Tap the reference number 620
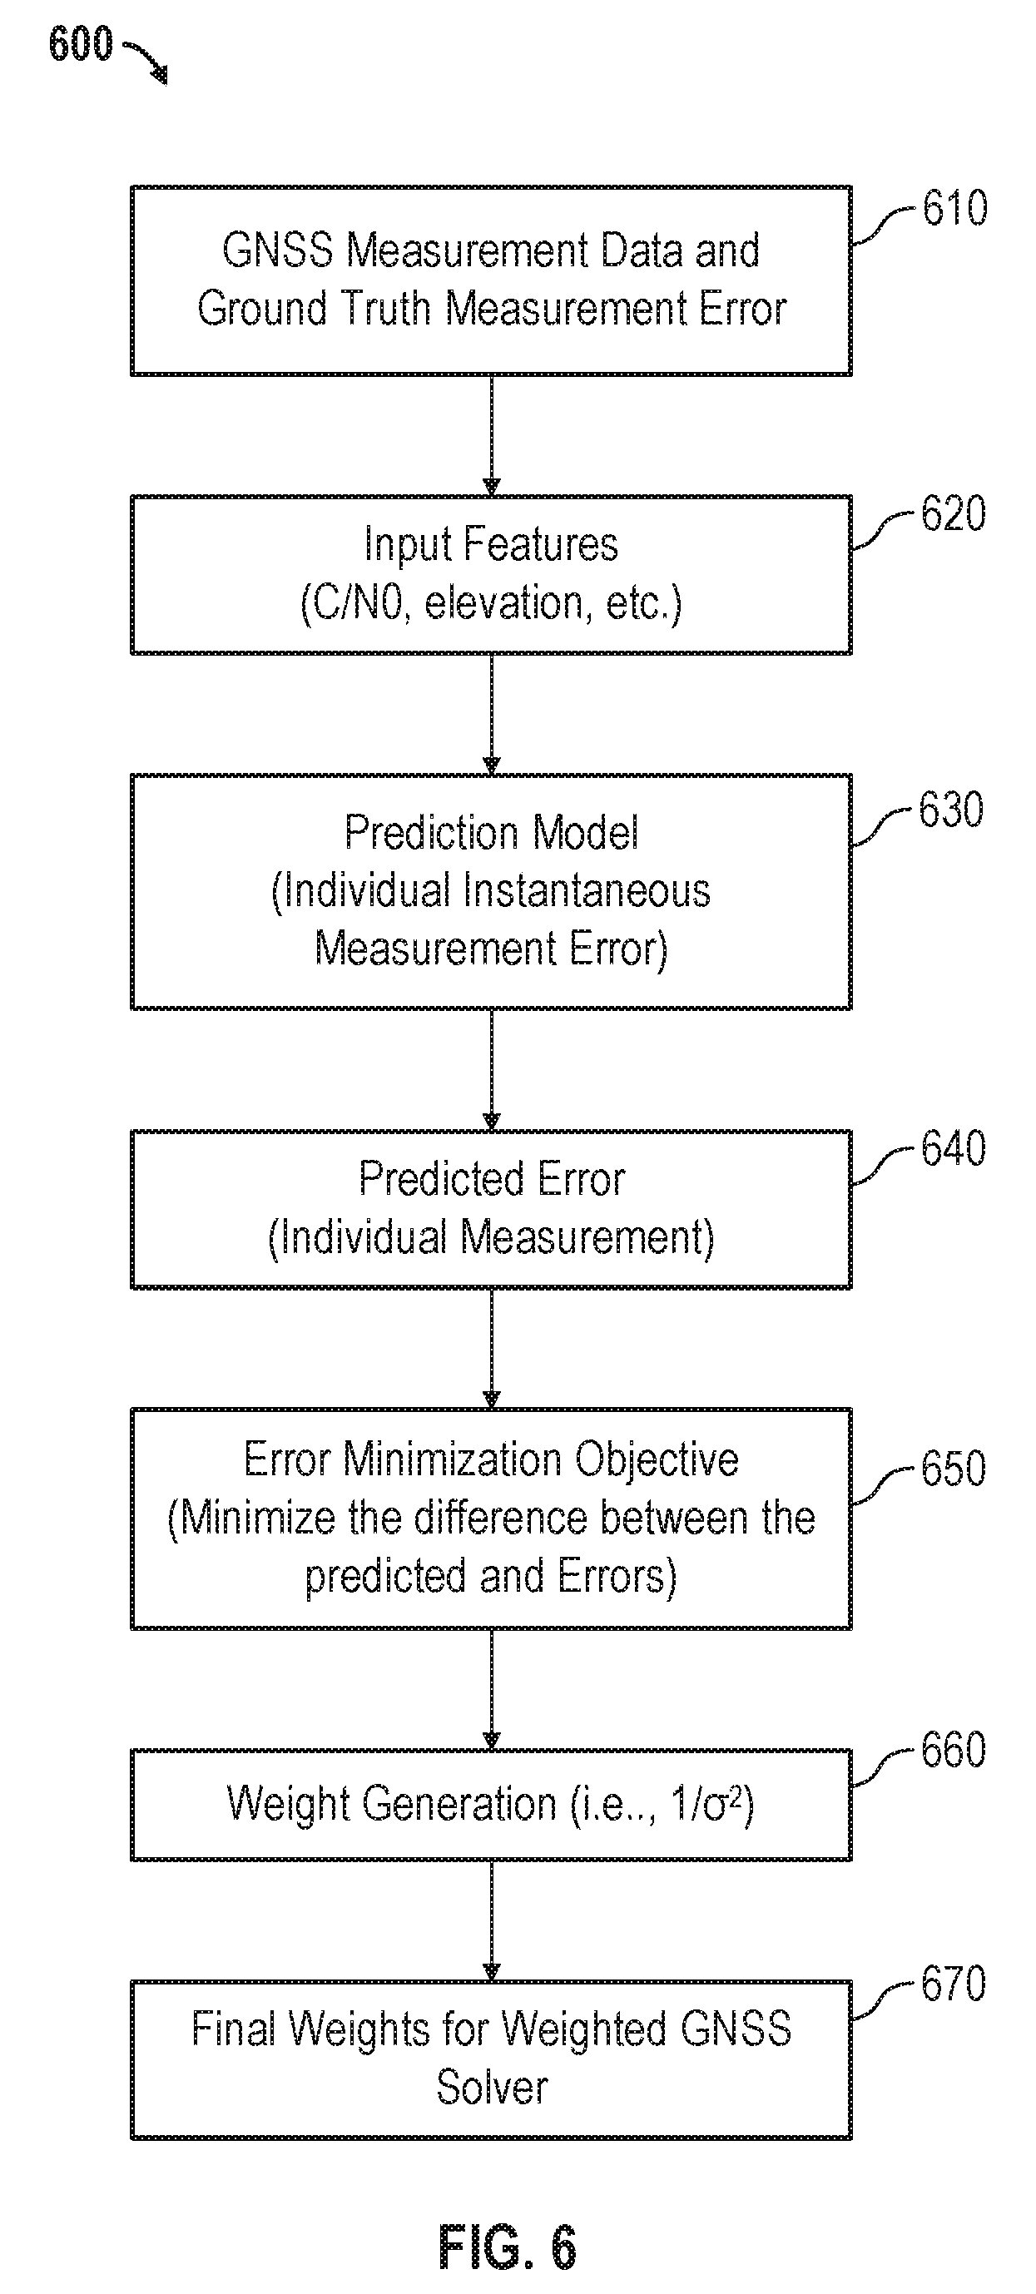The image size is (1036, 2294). pos(953,514)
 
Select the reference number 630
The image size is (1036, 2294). pos(950,810)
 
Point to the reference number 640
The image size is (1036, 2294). pos(953,1148)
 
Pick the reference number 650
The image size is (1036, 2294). pos(953,1469)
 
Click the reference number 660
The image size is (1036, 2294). pos(953,1750)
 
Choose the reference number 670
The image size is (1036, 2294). pos(953,1985)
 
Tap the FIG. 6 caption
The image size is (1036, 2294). pos(507,2247)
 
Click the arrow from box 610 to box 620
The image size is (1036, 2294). pos(491,435)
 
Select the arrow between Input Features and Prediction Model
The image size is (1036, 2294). pos(491,714)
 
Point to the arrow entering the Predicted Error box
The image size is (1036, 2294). pos(491,1070)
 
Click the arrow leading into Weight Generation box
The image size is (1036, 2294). pos(491,1690)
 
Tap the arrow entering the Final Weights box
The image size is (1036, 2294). pos(491,1922)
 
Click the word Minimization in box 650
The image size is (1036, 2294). pos(454,1459)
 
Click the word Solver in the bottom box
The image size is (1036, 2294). pos(492,2088)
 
